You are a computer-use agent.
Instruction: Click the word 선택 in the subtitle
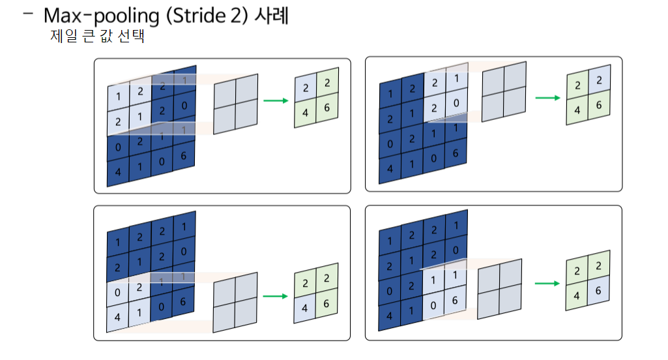coord(130,37)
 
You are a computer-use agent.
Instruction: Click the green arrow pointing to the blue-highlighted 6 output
coord(547,284)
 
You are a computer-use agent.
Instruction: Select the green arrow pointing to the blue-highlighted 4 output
coord(276,296)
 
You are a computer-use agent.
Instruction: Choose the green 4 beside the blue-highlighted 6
coord(577,295)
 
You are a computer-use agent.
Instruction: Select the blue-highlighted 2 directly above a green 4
coord(305,87)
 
